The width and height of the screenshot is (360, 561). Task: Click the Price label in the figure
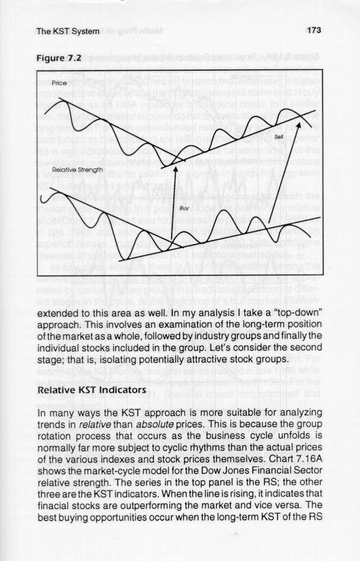pos(59,84)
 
